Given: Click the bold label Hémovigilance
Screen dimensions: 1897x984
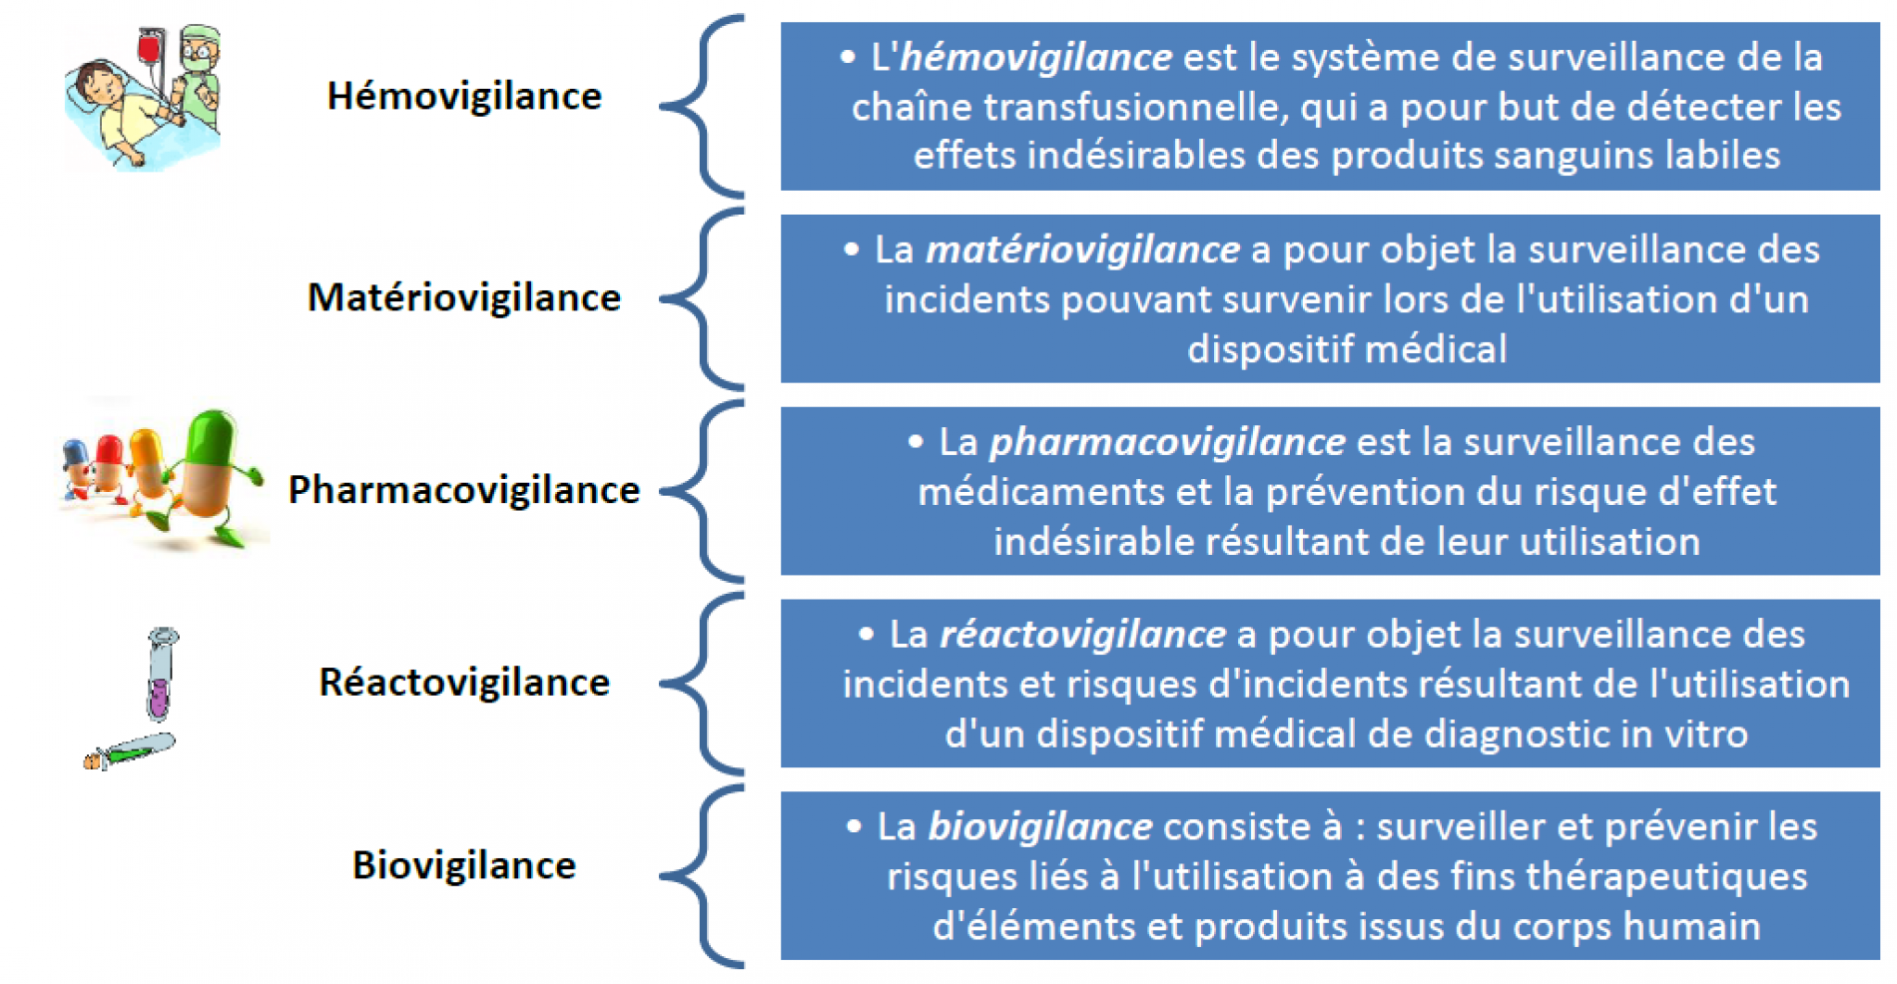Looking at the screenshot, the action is click(x=464, y=96).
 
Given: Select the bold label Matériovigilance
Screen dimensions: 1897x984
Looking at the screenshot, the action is click(x=464, y=297).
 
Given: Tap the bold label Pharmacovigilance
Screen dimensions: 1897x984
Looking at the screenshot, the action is click(x=464, y=490).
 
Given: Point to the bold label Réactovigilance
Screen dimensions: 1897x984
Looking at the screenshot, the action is click(x=464, y=683).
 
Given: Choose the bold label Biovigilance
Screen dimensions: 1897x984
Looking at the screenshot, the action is click(x=464, y=865).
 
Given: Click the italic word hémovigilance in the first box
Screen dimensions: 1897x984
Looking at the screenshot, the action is click(x=1035, y=57).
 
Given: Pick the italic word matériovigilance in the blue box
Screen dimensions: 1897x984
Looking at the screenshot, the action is click(x=1082, y=249).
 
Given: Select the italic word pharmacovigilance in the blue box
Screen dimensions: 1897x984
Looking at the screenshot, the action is click(x=1167, y=442).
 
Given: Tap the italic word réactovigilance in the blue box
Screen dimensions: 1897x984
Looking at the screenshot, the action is click(x=1082, y=635).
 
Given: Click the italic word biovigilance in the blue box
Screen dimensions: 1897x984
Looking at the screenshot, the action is click(x=1039, y=827).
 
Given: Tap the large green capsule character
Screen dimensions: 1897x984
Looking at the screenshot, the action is click(x=212, y=474).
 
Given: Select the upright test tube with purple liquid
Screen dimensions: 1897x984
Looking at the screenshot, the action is click(x=161, y=674).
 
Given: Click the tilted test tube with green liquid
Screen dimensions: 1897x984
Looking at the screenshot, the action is click(x=130, y=750).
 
